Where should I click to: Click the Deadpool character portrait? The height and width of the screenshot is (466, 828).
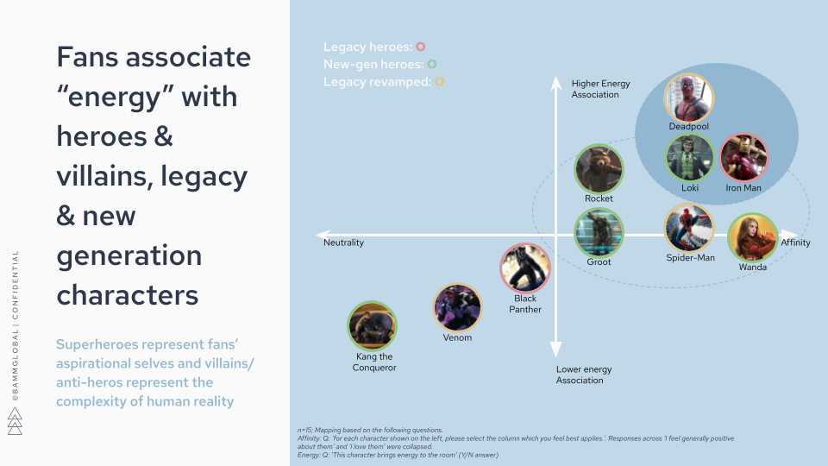[689, 98]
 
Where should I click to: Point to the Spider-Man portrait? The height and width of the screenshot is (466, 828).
[689, 228]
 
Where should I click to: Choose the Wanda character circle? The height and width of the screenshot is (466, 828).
[752, 238]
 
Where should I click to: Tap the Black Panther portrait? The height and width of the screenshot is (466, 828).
[525, 268]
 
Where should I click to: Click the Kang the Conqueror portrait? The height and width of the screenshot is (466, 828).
[373, 326]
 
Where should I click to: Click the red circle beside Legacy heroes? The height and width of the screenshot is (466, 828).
[421, 47]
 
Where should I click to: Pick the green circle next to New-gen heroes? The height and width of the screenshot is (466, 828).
[431, 64]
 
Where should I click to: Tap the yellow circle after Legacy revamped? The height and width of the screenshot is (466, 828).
[440, 82]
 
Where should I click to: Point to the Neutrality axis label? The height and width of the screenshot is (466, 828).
[343, 242]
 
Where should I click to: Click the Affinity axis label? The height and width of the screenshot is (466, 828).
[795, 242]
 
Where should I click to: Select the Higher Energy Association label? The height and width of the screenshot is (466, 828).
[600, 89]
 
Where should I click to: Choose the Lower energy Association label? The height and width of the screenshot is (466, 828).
[584, 375]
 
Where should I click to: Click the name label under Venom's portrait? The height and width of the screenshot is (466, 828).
[457, 337]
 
